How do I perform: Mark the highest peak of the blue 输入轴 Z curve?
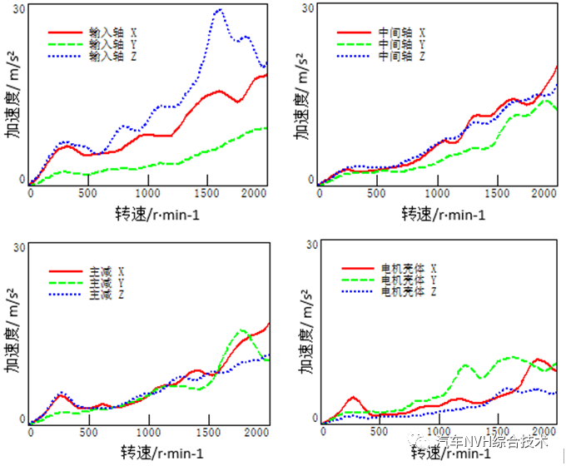(219, 10)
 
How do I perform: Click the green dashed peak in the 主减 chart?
(242, 330)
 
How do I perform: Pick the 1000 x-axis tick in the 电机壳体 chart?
(436, 430)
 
